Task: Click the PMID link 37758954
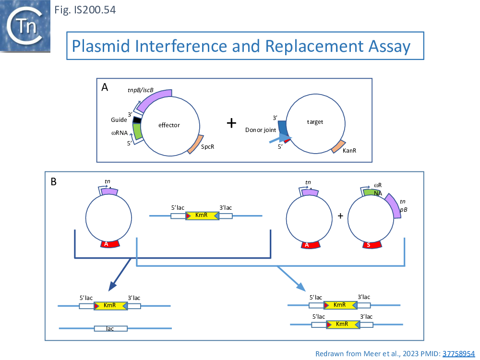pyautogui.click(x=458, y=353)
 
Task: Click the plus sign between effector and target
pyautogui.click(x=231, y=123)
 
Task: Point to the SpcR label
pyautogui.click(x=207, y=146)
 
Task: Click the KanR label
pyautogui.click(x=350, y=151)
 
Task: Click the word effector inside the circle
pyautogui.click(x=169, y=125)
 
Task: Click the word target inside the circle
pyautogui.click(x=315, y=122)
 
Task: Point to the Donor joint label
pyautogui.click(x=260, y=130)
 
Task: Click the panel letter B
pyautogui.click(x=54, y=181)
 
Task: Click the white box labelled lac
pyautogui.click(x=110, y=329)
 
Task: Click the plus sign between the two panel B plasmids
pyautogui.click(x=340, y=216)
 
